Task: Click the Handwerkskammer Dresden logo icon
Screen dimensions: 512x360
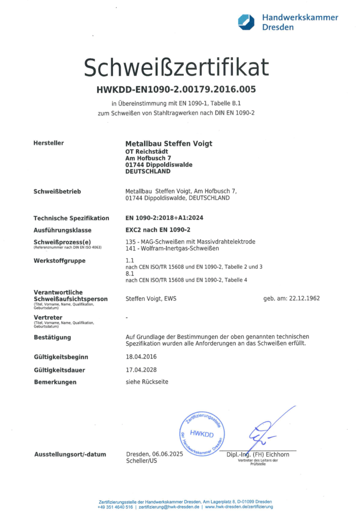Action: click(x=246, y=22)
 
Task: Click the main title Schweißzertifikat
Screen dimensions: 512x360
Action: click(x=176, y=68)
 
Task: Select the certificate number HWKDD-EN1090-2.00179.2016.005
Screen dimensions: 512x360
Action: click(x=176, y=89)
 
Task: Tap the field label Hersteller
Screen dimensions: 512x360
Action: click(x=49, y=143)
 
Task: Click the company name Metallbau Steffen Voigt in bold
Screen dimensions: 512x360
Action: click(x=169, y=143)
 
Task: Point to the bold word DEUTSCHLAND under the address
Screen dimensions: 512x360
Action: click(x=148, y=171)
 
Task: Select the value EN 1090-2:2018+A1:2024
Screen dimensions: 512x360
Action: click(x=164, y=218)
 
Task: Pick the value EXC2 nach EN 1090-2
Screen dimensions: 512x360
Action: click(x=159, y=230)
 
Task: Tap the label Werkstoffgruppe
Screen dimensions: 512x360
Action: click(x=60, y=260)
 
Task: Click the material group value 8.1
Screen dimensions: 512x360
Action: click(x=130, y=273)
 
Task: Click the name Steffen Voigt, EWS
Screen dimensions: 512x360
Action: click(x=151, y=298)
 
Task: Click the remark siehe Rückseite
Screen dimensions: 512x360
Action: click(x=147, y=382)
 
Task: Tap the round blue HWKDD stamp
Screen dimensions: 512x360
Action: click(x=202, y=433)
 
